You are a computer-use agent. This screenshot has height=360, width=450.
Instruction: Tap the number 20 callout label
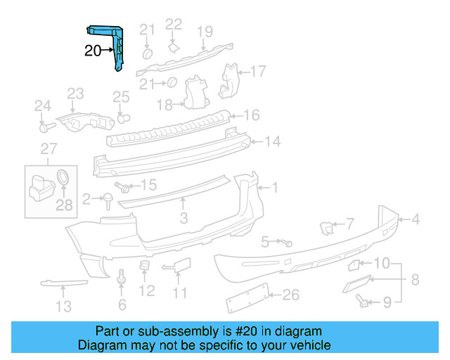coord(93,51)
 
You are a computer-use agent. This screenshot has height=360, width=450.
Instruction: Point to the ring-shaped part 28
coord(63,177)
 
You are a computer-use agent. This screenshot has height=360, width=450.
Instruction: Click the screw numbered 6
coord(122,279)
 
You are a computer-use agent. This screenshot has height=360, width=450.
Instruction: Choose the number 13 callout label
coord(64,306)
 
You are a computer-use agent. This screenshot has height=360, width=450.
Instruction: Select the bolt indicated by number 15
coord(125,188)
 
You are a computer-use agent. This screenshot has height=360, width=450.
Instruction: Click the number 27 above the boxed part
coord(48,148)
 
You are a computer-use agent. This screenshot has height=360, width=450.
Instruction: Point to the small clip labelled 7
coord(327,226)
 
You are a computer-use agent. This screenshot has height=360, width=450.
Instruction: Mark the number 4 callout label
coord(416,219)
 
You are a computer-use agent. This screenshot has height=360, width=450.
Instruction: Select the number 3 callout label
coord(184,219)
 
